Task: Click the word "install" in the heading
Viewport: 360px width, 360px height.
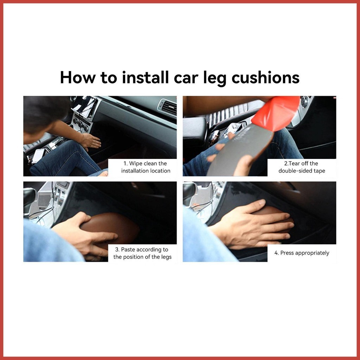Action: click(x=145, y=77)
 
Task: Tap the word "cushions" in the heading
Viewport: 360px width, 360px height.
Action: click(x=265, y=77)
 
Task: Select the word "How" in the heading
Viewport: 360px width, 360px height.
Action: click(x=77, y=77)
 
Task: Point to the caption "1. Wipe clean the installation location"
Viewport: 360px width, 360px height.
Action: click(x=146, y=167)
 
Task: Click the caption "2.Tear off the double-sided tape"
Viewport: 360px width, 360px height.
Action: click(x=302, y=167)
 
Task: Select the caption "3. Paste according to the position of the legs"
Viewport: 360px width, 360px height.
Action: click(x=142, y=253)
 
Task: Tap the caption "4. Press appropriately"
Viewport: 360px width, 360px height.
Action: click(x=302, y=253)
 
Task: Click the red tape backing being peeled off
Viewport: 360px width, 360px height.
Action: click(x=276, y=112)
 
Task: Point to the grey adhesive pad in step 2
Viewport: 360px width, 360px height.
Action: click(x=239, y=151)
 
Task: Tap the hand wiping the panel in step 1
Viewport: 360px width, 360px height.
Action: click(x=91, y=141)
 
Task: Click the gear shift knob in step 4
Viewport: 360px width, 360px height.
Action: click(x=189, y=193)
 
